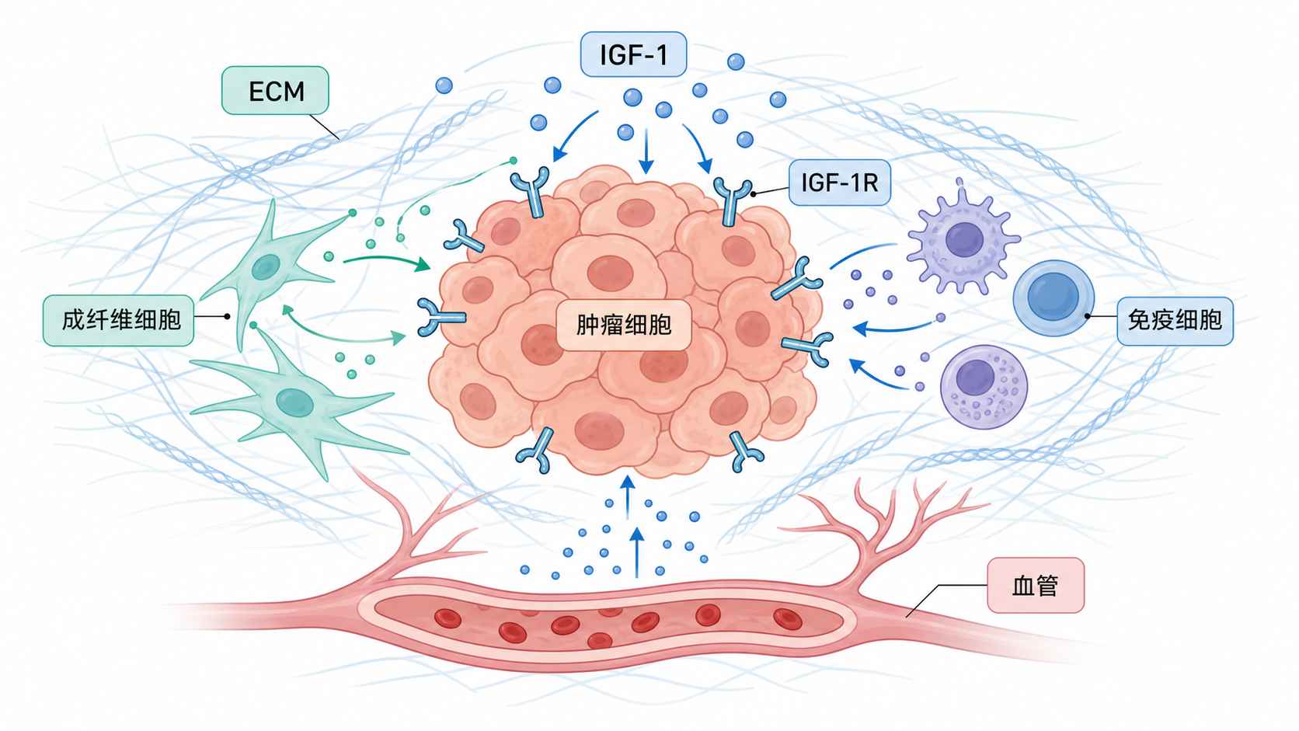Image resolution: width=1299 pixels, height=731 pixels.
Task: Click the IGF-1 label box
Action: pos(633,54)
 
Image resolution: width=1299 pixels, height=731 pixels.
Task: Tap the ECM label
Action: pos(276,90)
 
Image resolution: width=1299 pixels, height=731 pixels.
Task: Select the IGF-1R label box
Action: pos(839,183)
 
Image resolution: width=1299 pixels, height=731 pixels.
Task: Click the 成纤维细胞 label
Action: pos(118,320)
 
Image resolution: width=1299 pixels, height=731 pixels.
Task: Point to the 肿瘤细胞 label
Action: pos(623,325)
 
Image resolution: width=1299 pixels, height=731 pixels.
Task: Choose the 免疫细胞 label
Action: pos(1175,321)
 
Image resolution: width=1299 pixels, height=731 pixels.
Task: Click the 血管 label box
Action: pos(1036,586)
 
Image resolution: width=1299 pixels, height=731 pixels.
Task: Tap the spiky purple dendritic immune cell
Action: pos(963,238)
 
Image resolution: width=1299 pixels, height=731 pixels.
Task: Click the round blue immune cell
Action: pos(1053,298)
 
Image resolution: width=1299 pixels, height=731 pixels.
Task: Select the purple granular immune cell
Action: pos(984,387)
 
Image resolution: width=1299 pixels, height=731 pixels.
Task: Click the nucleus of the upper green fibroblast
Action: pos(266,266)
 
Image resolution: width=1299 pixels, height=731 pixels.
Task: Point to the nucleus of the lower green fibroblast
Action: pos(294,402)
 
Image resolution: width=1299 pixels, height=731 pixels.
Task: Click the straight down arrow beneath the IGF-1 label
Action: pos(646,151)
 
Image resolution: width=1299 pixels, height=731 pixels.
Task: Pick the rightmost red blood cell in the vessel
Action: pos(788,619)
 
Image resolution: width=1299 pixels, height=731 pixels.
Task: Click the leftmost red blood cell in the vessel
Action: pos(448,618)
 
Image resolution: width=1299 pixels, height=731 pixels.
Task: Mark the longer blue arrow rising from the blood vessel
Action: pos(637,552)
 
